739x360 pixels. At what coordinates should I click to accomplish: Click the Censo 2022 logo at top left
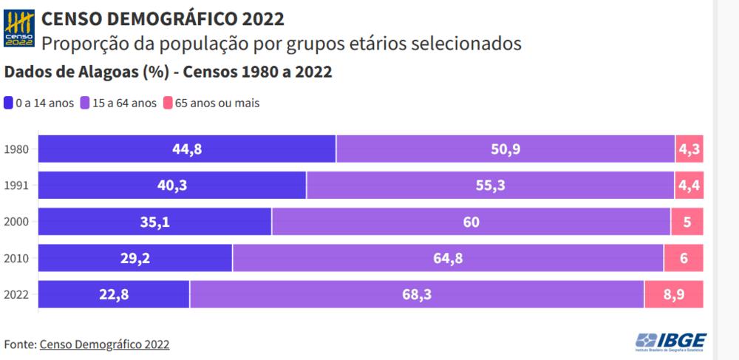coord(19,29)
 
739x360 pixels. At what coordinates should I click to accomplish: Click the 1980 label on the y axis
coord(16,149)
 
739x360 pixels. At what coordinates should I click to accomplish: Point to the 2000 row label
coord(16,222)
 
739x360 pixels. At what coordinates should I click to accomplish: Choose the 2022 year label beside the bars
coord(16,294)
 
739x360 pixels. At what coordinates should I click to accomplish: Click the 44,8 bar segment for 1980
coord(187,149)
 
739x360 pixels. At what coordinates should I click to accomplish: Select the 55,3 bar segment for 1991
coord(490,186)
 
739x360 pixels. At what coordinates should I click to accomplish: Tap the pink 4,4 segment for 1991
coord(689,186)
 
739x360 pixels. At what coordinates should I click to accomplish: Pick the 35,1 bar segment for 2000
coord(154,222)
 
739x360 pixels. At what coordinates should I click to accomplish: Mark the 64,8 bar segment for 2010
coord(448,258)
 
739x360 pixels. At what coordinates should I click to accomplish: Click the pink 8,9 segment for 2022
coord(673,294)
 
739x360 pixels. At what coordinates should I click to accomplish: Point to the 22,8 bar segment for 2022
coord(114,294)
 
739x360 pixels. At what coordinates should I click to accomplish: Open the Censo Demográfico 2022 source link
coord(104,344)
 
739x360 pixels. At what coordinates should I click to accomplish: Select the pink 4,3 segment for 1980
coord(689,149)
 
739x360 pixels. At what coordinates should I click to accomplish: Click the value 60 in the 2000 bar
coord(471,222)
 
